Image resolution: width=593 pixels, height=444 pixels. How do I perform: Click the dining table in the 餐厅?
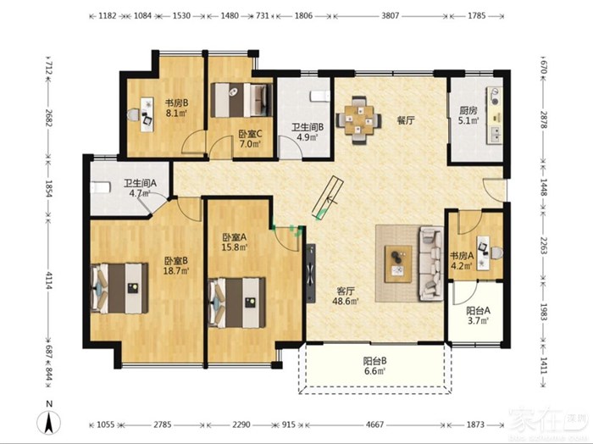click(x=358, y=120)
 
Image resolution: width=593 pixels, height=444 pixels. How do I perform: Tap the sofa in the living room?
click(x=430, y=264)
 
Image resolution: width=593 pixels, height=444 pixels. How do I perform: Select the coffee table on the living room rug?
click(x=398, y=264)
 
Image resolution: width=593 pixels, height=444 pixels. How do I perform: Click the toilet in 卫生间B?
click(x=320, y=96)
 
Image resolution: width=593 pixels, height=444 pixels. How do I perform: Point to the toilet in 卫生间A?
click(x=101, y=187)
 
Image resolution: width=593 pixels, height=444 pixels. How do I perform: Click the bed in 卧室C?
click(x=241, y=100)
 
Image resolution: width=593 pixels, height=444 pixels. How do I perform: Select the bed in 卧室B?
click(x=119, y=288)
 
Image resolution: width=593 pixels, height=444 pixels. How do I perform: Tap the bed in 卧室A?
click(x=236, y=302)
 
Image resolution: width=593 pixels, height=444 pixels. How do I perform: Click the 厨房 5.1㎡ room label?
click(x=468, y=115)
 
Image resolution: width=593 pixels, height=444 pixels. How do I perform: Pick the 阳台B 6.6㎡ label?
click(x=374, y=366)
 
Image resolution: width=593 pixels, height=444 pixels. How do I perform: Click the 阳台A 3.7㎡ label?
click(x=478, y=316)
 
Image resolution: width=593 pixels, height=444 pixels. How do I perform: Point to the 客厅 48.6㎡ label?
click(x=346, y=296)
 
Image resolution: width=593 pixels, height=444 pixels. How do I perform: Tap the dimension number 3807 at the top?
click(x=390, y=16)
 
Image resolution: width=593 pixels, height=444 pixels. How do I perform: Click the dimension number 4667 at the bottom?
click(x=374, y=425)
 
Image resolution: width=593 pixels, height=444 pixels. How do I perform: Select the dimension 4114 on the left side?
click(x=48, y=280)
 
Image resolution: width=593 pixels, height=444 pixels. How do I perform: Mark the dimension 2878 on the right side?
click(x=544, y=119)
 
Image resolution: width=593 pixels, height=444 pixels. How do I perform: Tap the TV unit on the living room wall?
click(x=311, y=273)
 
